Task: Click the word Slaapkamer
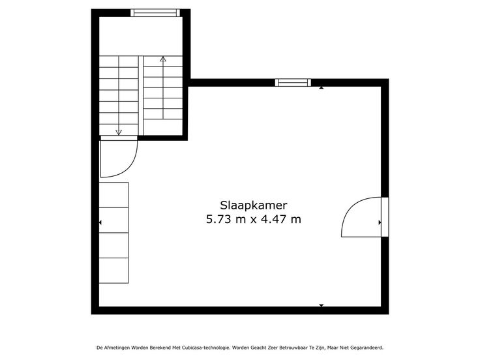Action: point(254,205)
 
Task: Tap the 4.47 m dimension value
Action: point(280,220)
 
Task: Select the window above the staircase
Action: point(155,13)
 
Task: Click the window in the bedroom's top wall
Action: point(293,83)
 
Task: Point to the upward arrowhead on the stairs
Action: point(163,59)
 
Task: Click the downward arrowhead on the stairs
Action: point(119,132)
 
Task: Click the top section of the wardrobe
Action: point(113,195)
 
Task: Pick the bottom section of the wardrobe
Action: point(113,270)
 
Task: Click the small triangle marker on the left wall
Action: point(100,222)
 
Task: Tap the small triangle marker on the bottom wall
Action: point(321,305)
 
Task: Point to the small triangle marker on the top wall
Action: point(321,88)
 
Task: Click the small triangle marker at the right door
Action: point(380,222)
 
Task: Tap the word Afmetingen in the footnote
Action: point(117,348)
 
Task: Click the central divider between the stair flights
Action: point(141,95)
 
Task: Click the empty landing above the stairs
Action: point(141,36)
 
